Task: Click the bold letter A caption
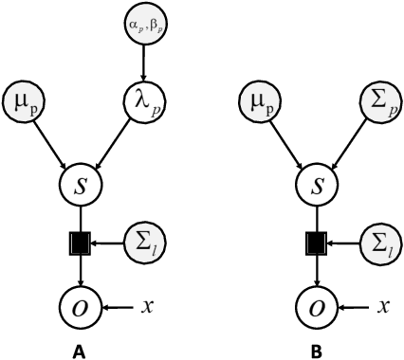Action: [x=83, y=350]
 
